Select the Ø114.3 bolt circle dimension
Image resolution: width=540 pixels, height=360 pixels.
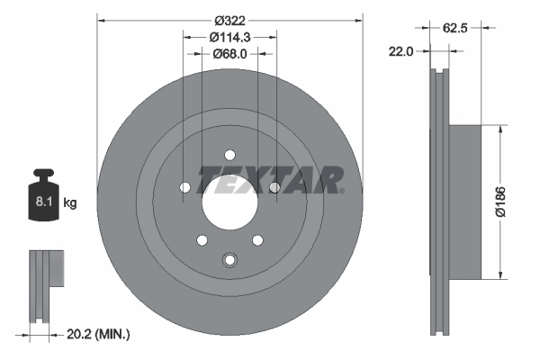pos(229,37)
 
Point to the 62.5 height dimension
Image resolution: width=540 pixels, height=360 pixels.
pos(464,29)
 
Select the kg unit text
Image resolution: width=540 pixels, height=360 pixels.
pos(70,203)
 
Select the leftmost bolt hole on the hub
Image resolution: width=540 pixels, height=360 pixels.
pos(184,187)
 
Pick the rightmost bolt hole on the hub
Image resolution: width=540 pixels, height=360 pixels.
pos(274,187)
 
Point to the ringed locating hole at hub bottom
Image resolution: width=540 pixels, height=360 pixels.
pos(229,260)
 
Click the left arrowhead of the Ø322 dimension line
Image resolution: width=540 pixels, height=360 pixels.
pos(100,18)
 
